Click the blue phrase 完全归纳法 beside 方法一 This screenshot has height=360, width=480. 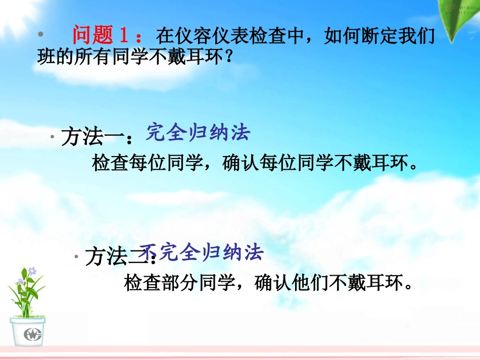point(198,133)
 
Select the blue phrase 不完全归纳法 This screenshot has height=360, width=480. point(202,252)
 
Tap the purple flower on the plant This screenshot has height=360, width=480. point(32,271)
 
